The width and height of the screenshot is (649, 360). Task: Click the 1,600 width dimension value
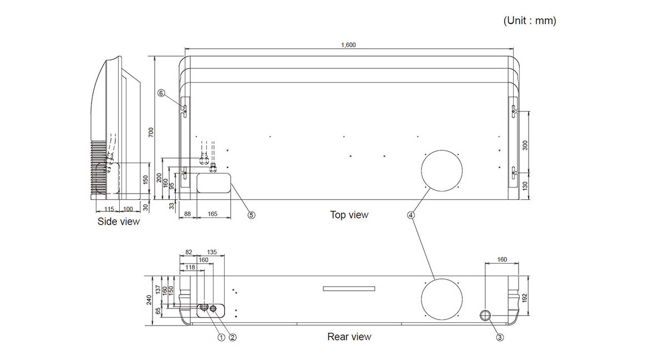[348, 45]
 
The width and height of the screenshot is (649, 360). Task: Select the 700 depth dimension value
[151, 133]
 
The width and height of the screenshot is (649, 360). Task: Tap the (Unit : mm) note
[529, 21]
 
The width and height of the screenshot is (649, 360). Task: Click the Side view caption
[118, 221]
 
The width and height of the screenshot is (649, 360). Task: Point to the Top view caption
[349, 215]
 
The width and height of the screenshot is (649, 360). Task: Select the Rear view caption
[349, 337]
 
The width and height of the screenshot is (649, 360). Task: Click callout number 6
[161, 93]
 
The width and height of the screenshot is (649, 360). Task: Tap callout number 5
[251, 215]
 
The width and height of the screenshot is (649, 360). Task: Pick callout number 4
[410, 215]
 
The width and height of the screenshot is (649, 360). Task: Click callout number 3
[500, 337]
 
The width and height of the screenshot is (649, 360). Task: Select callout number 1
[221, 337]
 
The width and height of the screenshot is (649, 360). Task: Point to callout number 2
[232, 337]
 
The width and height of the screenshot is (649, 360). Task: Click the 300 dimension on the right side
[525, 145]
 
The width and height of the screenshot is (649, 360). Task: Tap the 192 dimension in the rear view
[525, 298]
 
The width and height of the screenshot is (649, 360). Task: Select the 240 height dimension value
[149, 300]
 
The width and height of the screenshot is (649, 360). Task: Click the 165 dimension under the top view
[212, 214]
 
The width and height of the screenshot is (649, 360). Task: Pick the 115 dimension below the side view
[109, 209]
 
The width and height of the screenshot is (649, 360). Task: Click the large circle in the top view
[442, 151]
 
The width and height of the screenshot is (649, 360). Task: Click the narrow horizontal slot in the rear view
[349, 288]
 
